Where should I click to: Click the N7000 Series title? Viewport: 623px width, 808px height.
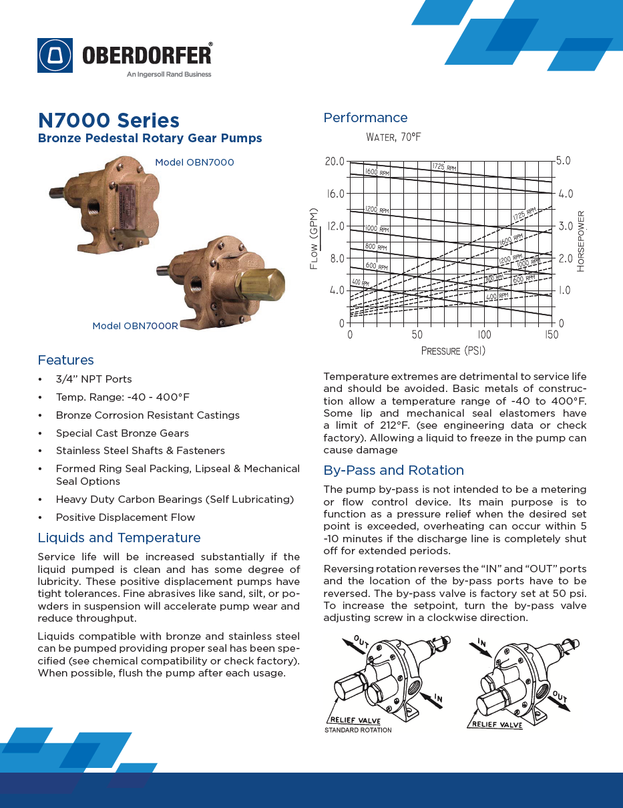click(x=108, y=121)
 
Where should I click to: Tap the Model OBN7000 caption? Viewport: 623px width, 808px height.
click(x=194, y=162)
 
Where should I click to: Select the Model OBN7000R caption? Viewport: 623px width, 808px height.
click(x=135, y=326)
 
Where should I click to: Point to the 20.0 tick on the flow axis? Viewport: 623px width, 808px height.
click(x=334, y=162)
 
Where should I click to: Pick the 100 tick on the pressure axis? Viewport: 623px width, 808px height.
click(x=484, y=335)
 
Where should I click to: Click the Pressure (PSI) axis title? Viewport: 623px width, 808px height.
click(x=453, y=351)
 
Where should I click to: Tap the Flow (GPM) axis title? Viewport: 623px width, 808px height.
click(x=314, y=238)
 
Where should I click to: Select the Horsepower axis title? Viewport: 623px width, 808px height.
click(x=581, y=241)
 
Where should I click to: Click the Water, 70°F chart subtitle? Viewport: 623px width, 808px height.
click(x=393, y=138)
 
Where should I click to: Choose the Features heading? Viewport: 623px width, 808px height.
click(x=65, y=361)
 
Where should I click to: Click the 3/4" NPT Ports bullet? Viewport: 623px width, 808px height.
click(x=93, y=379)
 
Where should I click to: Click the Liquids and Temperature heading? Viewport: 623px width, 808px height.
click(x=119, y=538)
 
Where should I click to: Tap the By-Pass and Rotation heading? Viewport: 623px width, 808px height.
click(x=393, y=470)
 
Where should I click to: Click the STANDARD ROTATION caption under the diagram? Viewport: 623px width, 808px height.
click(x=358, y=730)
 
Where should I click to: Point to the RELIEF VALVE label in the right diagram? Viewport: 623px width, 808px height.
click(x=497, y=724)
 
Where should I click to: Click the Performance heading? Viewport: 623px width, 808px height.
click(x=365, y=118)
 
